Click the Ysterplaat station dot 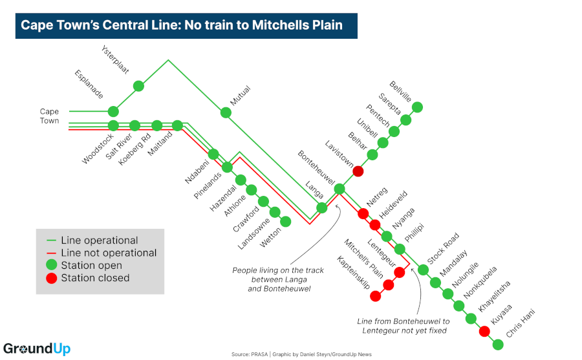click(138, 86)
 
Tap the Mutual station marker click(226, 112)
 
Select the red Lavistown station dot click(358, 171)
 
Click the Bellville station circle click(418, 107)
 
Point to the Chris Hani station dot click(498, 344)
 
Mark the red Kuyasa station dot click(484, 332)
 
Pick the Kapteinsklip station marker click(375, 296)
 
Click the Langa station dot click(321, 207)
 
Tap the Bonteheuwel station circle click(339, 189)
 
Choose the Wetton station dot click(285, 222)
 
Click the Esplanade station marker click(113, 111)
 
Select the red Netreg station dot click(363, 213)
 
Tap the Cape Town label click(49, 116)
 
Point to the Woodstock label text click(98, 149)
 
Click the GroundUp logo click(37, 349)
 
